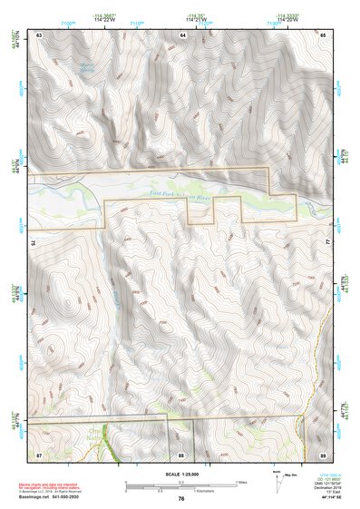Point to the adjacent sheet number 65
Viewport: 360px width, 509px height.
pos(323,34)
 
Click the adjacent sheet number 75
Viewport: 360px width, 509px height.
pos(34,243)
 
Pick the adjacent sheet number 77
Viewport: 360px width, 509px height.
pos(328,243)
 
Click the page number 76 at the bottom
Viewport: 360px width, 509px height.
pos(181,498)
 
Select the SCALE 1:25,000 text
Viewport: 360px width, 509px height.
pos(180,474)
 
